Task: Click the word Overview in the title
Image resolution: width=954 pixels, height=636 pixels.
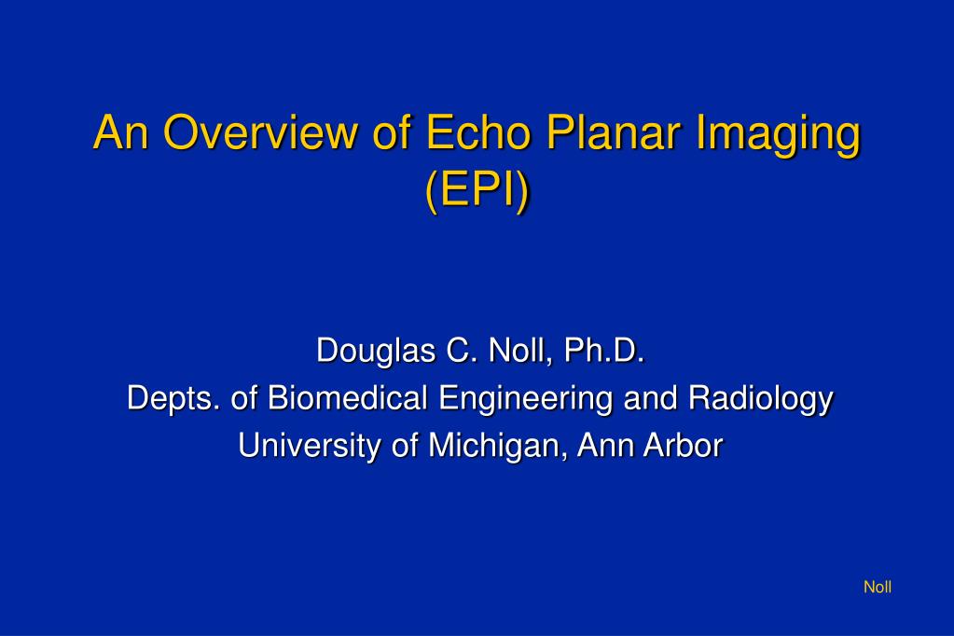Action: coord(260,131)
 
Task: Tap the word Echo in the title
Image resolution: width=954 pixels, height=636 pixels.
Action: coord(478,131)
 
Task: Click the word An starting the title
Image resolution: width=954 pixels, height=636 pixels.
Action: coord(121,131)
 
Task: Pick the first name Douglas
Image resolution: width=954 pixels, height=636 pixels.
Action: coord(376,352)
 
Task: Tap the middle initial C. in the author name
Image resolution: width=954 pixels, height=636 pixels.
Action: coord(463,351)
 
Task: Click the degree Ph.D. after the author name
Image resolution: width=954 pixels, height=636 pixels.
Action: coord(604,351)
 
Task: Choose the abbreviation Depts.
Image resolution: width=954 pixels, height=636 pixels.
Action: coord(173,399)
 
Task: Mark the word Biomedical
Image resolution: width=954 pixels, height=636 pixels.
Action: coord(347,398)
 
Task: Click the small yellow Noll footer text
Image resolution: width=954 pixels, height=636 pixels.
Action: coord(878,587)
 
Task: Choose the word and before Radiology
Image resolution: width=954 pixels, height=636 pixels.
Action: coord(650,398)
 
